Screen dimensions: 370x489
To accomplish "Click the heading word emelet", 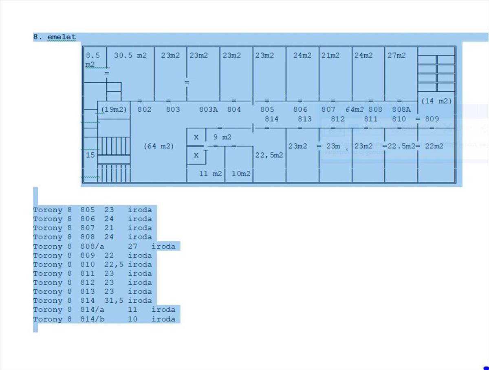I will [x=62, y=37].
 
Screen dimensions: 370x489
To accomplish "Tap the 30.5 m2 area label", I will [x=130, y=55].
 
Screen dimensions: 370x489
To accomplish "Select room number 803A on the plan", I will [x=208, y=109].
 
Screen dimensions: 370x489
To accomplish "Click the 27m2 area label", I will [x=396, y=55].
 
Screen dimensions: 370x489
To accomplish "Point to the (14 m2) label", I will [x=436, y=101].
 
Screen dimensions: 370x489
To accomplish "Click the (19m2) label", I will [x=114, y=109].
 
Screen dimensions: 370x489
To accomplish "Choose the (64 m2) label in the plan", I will [x=159, y=146].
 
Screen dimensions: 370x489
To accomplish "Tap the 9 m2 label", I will [x=222, y=137].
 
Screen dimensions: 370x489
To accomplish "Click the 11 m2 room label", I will [x=210, y=174].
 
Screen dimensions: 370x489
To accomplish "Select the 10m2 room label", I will [x=241, y=174].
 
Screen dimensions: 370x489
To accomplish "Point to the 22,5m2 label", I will [x=269, y=155].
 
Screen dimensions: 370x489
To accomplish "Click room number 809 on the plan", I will [x=432, y=119].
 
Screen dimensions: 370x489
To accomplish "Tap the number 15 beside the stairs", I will [x=90, y=155].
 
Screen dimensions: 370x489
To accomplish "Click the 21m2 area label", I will [x=330, y=55].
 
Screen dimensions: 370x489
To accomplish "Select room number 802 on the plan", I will [x=144, y=109].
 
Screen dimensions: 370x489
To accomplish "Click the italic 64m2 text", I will [x=355, y=109].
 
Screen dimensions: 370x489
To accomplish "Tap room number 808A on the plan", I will [x=401, y=109].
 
